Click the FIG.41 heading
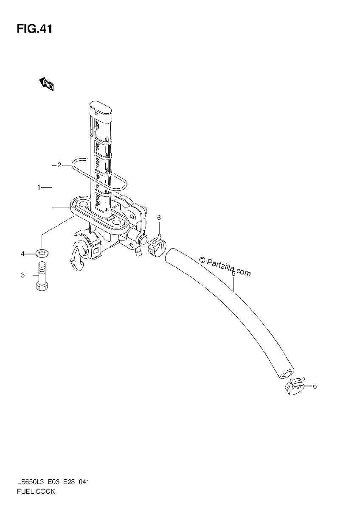coord(34,29)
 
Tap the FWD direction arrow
coord(47,84)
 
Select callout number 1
coord(39,187)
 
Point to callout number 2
coord(59,165)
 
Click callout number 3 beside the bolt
coord(23,275)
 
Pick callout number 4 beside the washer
coord(23,254)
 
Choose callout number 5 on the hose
coord(233,274)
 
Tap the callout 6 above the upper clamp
coord(159,218)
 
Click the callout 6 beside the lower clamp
coord(315,386)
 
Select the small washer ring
coord(42,253)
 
